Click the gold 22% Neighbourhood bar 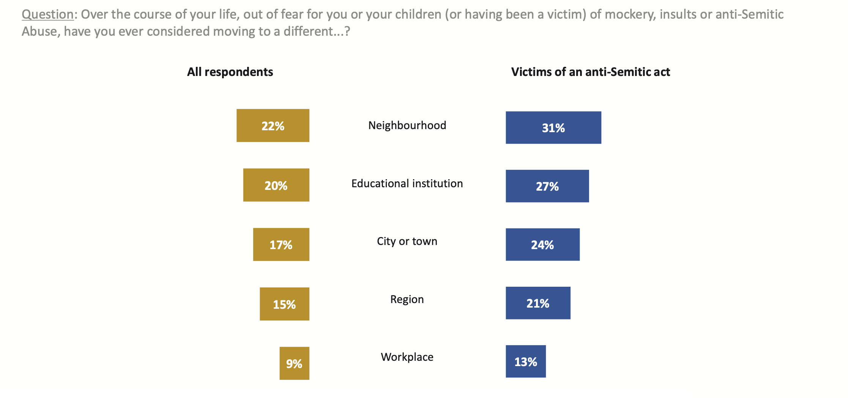(x=273, y=126)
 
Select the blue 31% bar (x=553, y=128)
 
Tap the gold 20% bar (x=276, y=185)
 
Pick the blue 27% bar (x=547, y=186)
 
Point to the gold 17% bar (x=281, y=245)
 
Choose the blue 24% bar (x=542, y=245)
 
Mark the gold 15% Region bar (x=284, y=304)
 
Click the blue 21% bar (x=538, y=303)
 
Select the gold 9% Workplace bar (x=294, y=363)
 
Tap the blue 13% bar (x=526, y=362)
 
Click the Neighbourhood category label (x=407, y=125)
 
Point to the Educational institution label (x=407, y=183)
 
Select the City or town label (x=407, y=241)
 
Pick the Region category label (x=407, y=299)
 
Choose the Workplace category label (x=407, y=357)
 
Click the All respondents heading (x=230, y=72)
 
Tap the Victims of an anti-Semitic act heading (x=590, y=72)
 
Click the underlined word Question (x=47, y=14)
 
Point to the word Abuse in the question (x=40, y=31)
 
